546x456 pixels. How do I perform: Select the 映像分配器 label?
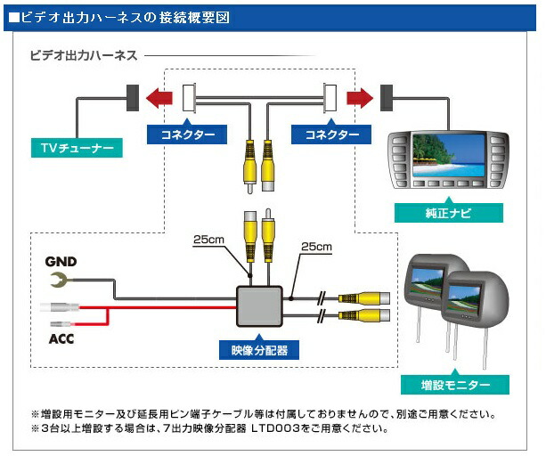[258, 349]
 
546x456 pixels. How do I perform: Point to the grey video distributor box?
[259, 305]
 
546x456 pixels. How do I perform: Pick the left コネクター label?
[187, 134]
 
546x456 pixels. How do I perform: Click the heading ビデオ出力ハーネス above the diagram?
[85, 55]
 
